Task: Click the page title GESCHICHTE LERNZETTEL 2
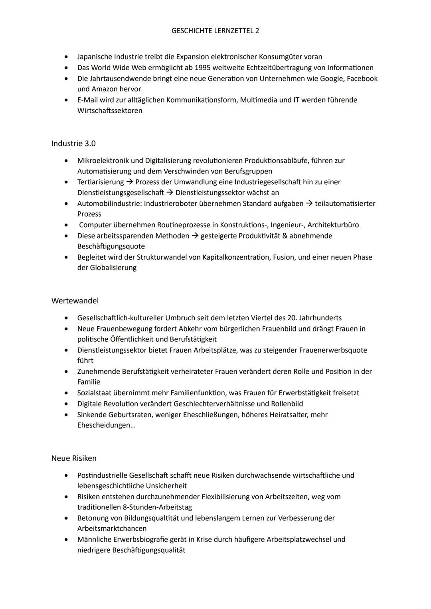pyautogui.click(x=215, y=31)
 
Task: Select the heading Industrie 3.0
pyautogui.click(x=73, y=143)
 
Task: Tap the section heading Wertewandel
pyautogui.click(x=75, y=301)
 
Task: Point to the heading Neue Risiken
pyautogui.click(x=74, y=458)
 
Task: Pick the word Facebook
pyautogui.click(x=362, y=79)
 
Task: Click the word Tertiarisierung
pyautogui.click(x=101, y=182)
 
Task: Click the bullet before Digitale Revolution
pyautogui.click(x=66, y=404)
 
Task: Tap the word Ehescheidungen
pyautogui.click(x=105, y=425)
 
